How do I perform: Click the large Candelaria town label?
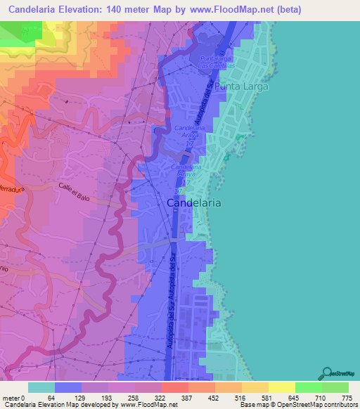click(194, 202)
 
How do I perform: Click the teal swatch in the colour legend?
click(41, 387)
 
